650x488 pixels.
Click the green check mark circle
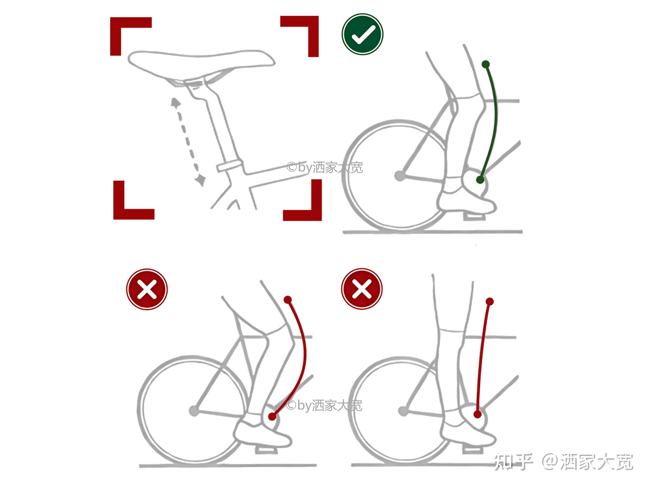362,34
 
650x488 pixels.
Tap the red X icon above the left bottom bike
147,289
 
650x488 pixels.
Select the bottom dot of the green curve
480,180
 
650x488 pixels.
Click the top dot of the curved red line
288,300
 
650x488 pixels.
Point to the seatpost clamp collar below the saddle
230,166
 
